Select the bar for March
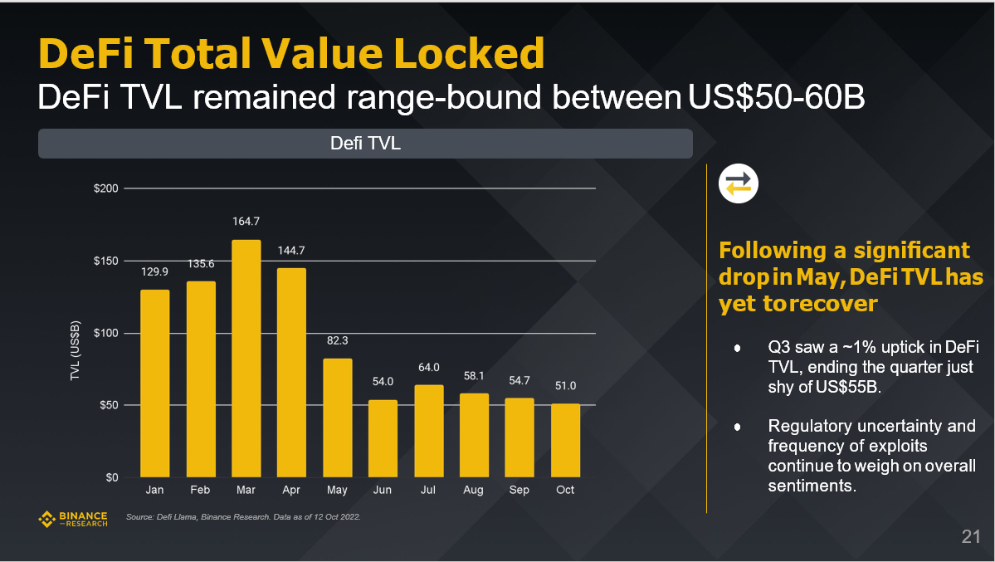[246, 359]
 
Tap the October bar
[565, 440]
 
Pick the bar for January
[154, 384]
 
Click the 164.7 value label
[246, 222]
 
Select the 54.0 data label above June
[383, 382]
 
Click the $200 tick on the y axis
[107, 189]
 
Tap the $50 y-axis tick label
[110, 405]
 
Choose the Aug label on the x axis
[473, 491]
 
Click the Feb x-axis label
[200, 491]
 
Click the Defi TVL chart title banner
[365, 144]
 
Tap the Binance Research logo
[73, 520]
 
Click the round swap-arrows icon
[738, 184]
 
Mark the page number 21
[971, 536]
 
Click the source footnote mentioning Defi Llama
[242, 517]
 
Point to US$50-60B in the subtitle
[777, 98]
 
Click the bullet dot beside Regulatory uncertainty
[737, 427]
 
